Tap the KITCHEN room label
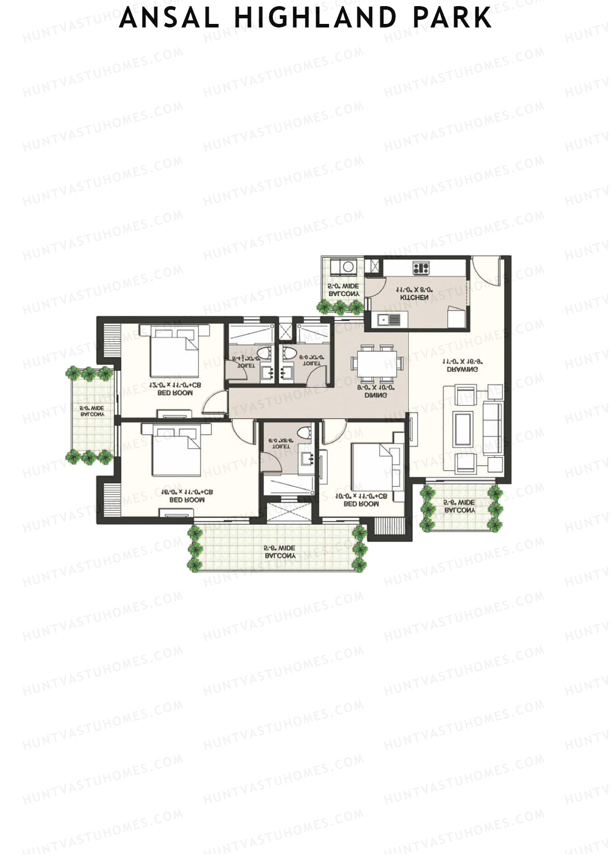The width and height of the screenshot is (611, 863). click(x=414, y=297)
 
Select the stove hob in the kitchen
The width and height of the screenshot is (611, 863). click(x=421, y=267)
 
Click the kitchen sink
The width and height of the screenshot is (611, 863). click(x=389, y=320)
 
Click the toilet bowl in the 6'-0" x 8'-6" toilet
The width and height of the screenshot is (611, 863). click(x=304, y=433)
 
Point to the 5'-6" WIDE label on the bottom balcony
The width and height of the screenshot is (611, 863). click(x=279, y=549)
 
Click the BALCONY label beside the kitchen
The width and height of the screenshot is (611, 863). click(x=344, y=294)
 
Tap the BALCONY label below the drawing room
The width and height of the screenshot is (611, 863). click(x=460, y=510)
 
